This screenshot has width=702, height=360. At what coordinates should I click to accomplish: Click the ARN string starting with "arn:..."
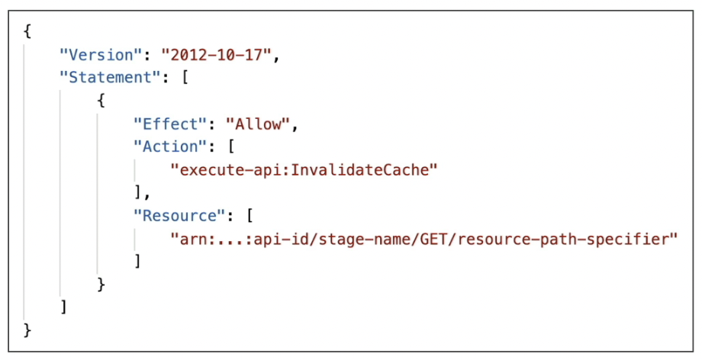tap(424, 238)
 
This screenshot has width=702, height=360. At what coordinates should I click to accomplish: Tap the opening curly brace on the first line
tap(27, 32)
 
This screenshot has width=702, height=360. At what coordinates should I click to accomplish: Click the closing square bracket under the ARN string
tap(137, 261)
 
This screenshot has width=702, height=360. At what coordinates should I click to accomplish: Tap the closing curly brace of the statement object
tap(101, 284)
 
